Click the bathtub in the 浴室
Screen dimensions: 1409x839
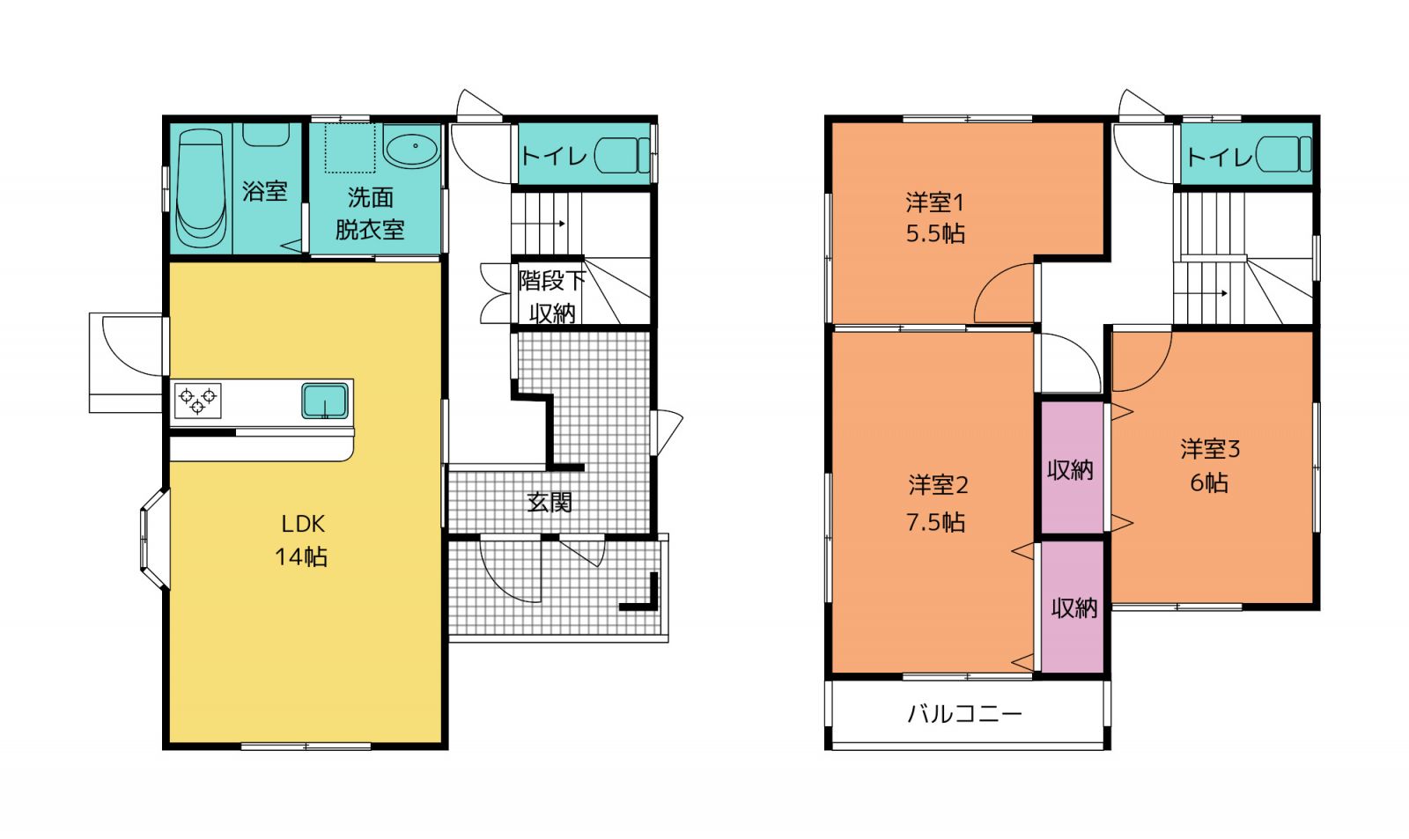coord(201,188)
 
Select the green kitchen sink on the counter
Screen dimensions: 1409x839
coord(325,400)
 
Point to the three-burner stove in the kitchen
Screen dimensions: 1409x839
coord(197,400)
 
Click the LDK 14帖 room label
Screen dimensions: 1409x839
coord(301,541)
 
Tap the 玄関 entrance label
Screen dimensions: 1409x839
coord(550,502)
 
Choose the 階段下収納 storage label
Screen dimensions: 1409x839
coord(551,296)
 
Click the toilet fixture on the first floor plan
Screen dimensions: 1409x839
coord(622,155)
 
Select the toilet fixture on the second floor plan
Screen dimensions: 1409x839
coord(1283,155)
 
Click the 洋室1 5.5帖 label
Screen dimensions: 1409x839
coord(935,217)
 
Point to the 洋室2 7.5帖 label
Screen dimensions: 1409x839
coord(937,504)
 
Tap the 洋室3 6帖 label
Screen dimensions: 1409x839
coord(1210,466)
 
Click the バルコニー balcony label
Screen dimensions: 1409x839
coord(964,714)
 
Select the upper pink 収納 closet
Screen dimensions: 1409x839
coord(1071,469)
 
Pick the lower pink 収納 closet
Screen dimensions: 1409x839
coord(1073,607)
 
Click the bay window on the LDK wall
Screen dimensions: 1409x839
coord(154,539)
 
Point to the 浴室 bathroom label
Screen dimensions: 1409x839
coord(265,191)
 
